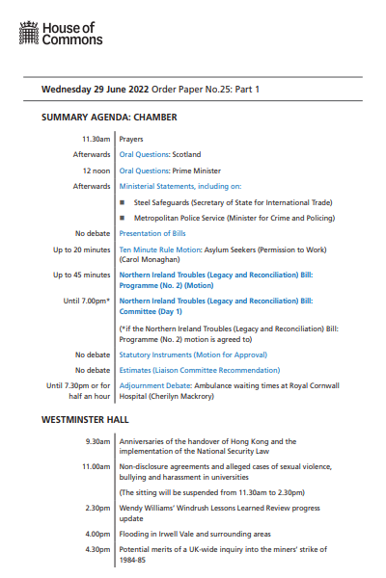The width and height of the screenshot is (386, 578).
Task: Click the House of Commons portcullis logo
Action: pyautogui.click(x=29, y=36)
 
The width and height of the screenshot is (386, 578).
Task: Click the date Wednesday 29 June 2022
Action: pyautogui.click(x=94, y=90)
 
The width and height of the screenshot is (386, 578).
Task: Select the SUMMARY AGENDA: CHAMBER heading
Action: pyautogui.click(x=109, y=118)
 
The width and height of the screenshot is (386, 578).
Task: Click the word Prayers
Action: pyautogui.click(x=132, y=139)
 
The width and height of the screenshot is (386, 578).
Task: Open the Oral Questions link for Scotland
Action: pyautogui.click(x=144, y=154)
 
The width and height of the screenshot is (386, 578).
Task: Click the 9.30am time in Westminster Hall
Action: pyautogui.click(x=96, y=443)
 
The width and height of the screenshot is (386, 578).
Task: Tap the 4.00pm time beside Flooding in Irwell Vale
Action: pyautogui.click(x=96, y=533)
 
